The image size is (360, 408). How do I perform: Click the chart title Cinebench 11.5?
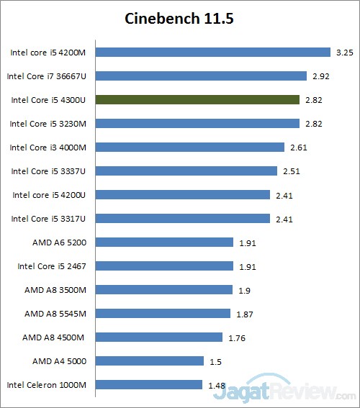179,18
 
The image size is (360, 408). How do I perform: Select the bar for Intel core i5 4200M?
212,52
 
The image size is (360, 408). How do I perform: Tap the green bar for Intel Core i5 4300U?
197,99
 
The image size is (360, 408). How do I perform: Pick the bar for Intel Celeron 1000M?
149,385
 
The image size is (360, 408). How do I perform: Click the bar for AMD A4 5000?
150,361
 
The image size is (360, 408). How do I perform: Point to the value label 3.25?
343,52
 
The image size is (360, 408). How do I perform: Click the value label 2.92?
320,76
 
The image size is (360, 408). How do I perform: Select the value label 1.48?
216,385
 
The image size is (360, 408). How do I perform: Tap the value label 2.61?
297,147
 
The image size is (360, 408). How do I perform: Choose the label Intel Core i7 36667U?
47,76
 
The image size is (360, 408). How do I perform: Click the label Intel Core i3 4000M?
48,147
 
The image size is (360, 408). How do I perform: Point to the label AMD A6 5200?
60,242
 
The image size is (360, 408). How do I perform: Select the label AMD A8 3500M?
55,290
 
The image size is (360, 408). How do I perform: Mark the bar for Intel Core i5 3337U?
186,171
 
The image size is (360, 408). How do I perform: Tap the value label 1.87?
244,314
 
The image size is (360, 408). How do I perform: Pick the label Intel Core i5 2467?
52,266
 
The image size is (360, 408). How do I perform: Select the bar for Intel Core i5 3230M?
197,123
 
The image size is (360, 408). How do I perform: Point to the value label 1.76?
236,337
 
